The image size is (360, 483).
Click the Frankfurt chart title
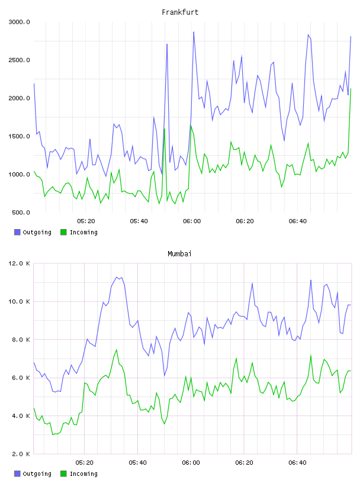click(180, 12)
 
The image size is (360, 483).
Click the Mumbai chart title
click(179, 254)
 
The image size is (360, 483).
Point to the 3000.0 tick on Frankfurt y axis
click(19, 22)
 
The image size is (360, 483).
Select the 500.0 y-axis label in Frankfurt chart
click(21, 212)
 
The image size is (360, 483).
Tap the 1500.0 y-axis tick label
click(19, 137)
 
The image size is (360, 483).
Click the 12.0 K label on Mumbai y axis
click(19, 263)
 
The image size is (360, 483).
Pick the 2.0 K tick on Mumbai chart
click(21, 454)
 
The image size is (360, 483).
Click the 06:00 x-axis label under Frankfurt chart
click(192, 221)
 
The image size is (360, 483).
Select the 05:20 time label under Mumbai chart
click(85, 463)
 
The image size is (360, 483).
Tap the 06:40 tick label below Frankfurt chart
click(298, 221)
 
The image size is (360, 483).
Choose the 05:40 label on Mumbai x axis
click(138, 463)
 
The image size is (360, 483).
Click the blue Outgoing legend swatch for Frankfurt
click(17, 232)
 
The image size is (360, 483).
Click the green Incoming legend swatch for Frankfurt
click(63, 232)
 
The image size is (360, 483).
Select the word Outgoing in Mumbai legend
click(37, 474)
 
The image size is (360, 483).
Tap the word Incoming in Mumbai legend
click(83, 474)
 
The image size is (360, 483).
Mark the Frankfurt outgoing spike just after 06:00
click(194, 32)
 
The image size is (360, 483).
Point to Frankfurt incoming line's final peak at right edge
click(351, 89)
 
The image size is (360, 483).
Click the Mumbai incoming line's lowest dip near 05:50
click(165, 424)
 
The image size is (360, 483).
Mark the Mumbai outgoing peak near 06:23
click(252, 283)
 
